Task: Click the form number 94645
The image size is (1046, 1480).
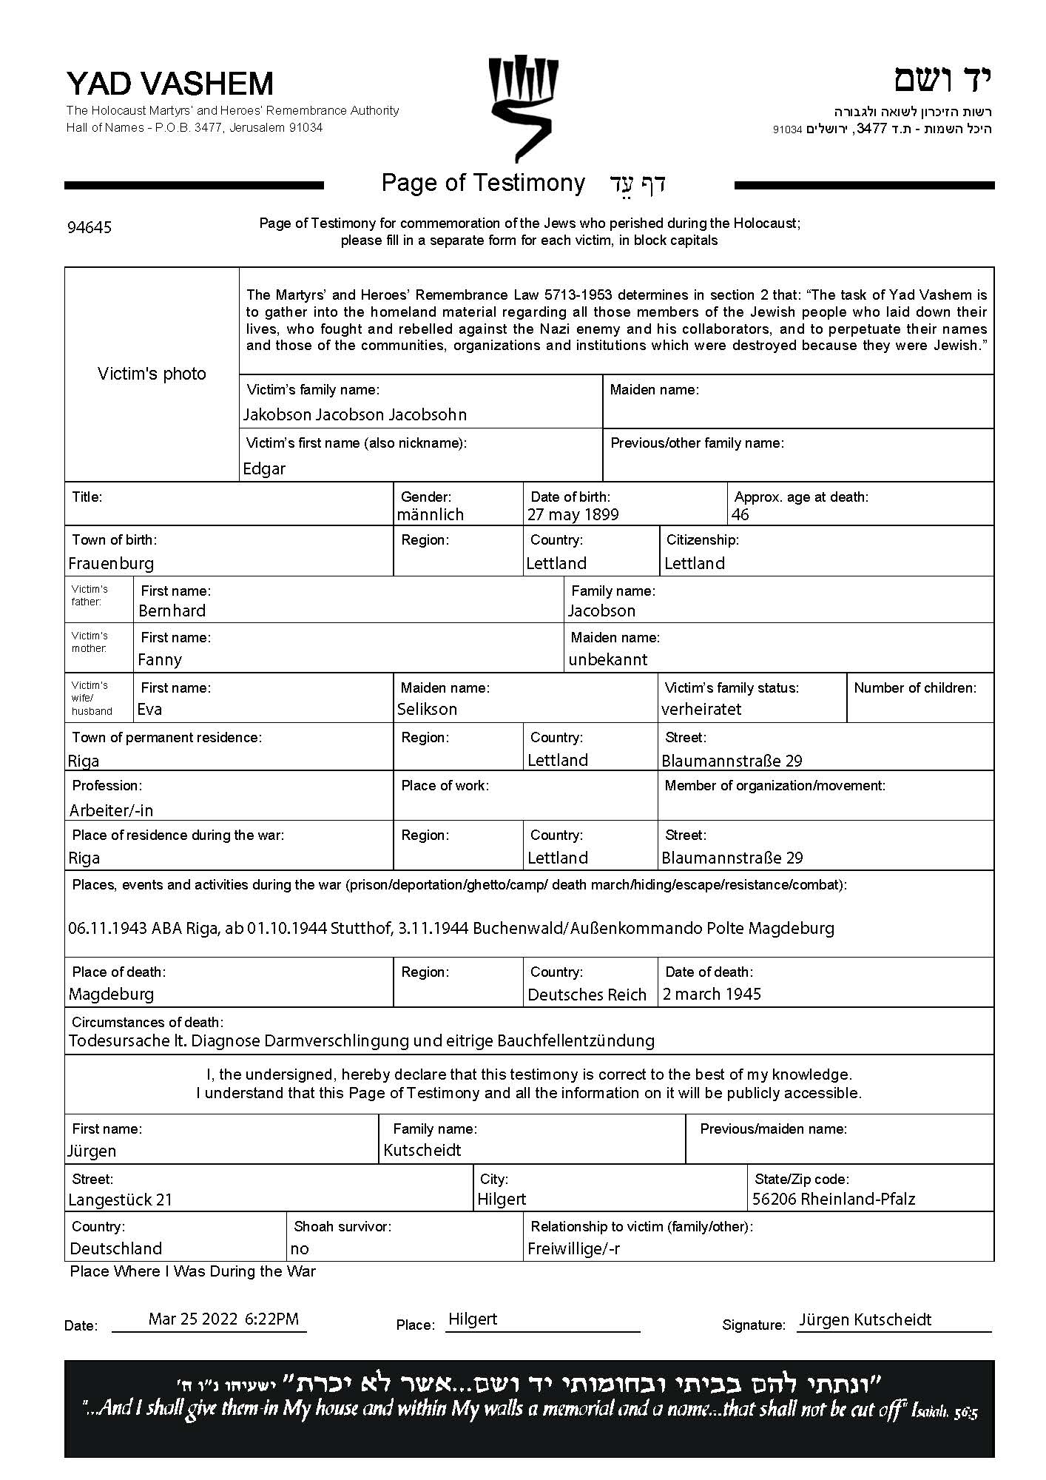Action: [90, 227]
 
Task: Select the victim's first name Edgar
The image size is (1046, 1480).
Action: [264, 468]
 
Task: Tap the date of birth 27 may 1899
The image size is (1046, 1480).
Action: [573, 514]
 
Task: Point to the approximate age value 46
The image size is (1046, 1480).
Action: [740, 514]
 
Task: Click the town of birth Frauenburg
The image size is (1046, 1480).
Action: [111, 563]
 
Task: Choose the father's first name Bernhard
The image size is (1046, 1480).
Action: [172, 610]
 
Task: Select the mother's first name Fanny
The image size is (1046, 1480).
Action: [159, 659]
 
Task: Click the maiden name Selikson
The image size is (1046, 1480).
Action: [427, 709]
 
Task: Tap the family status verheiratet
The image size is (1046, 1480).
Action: [701, 709]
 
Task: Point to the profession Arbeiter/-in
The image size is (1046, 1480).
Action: [111, 810]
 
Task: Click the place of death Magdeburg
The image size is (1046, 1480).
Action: [111, 994]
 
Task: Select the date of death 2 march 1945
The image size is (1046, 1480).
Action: [712, 994]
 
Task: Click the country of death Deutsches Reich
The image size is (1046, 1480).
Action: [587, 995]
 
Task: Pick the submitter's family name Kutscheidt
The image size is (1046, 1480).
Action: [422, 1150]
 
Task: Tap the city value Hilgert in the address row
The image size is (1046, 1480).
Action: [502, 1199]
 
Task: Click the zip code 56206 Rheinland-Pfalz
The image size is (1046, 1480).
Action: [834, 1199]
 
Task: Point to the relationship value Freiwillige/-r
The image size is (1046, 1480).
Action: [573, 1248]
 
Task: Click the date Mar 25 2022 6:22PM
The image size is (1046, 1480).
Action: [223, 1319]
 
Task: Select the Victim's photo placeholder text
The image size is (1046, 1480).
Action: [152, 374]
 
